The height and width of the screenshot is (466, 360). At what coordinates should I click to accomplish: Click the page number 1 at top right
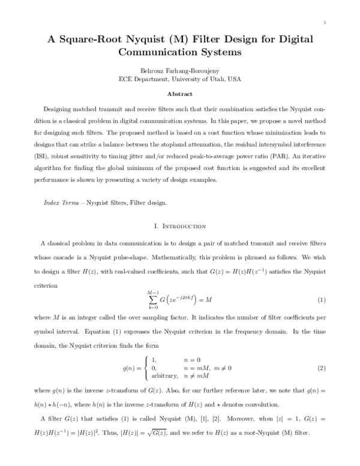click(x=323, y=23)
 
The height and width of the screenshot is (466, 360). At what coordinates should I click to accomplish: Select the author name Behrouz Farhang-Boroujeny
click(x=179, y=70)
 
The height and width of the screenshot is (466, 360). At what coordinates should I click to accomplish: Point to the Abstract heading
click(x=179, y=94)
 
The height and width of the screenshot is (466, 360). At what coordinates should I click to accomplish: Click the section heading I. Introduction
click(x=179, y=226)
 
